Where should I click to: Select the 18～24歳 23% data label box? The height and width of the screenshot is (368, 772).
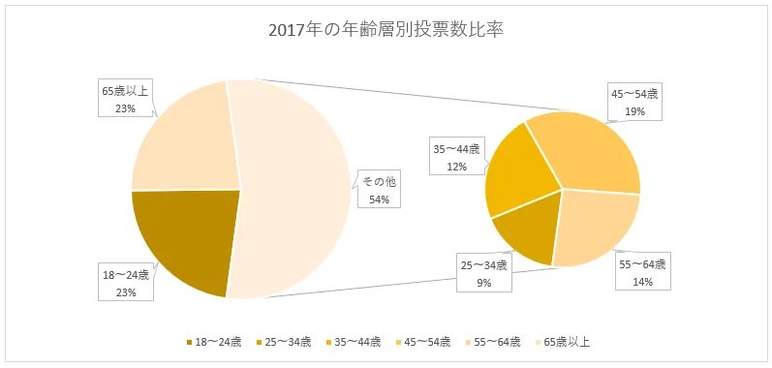[126, 284]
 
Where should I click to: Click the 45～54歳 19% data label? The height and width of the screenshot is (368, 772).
[633, 102]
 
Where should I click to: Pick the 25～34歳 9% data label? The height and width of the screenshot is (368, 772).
[483, 273]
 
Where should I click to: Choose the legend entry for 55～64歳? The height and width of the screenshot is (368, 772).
[496, 342]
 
